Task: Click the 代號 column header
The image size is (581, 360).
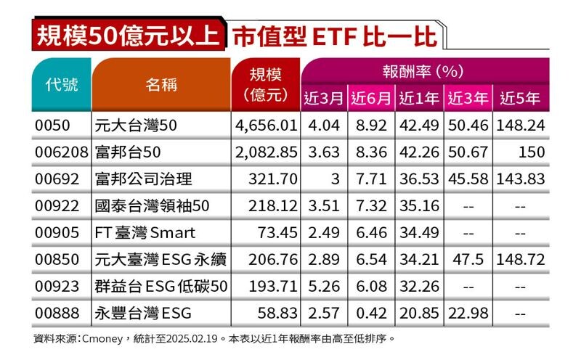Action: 62,85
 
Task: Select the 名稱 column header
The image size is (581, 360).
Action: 161,85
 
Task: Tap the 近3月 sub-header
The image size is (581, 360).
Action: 324,98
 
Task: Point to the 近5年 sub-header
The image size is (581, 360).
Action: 520,98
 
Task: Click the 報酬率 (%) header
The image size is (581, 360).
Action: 423,71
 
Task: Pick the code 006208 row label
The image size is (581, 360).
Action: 62,152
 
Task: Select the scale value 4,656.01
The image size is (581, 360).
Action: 266,126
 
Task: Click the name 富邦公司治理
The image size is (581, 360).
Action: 144,179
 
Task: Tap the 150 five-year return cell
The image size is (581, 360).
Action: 532,152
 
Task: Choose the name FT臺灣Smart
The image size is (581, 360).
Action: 145,232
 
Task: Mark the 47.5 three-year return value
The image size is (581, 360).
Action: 468,260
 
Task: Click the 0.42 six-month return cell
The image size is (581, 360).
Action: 371,314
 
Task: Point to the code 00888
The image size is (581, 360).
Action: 57,314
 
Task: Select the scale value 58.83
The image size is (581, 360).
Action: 277,314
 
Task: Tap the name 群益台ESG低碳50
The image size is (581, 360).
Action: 161,286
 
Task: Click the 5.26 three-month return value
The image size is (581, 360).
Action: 324,286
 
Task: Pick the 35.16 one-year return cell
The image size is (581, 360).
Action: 420,206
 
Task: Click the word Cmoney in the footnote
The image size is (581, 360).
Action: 102,339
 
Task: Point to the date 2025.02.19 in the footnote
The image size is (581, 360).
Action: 192,338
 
